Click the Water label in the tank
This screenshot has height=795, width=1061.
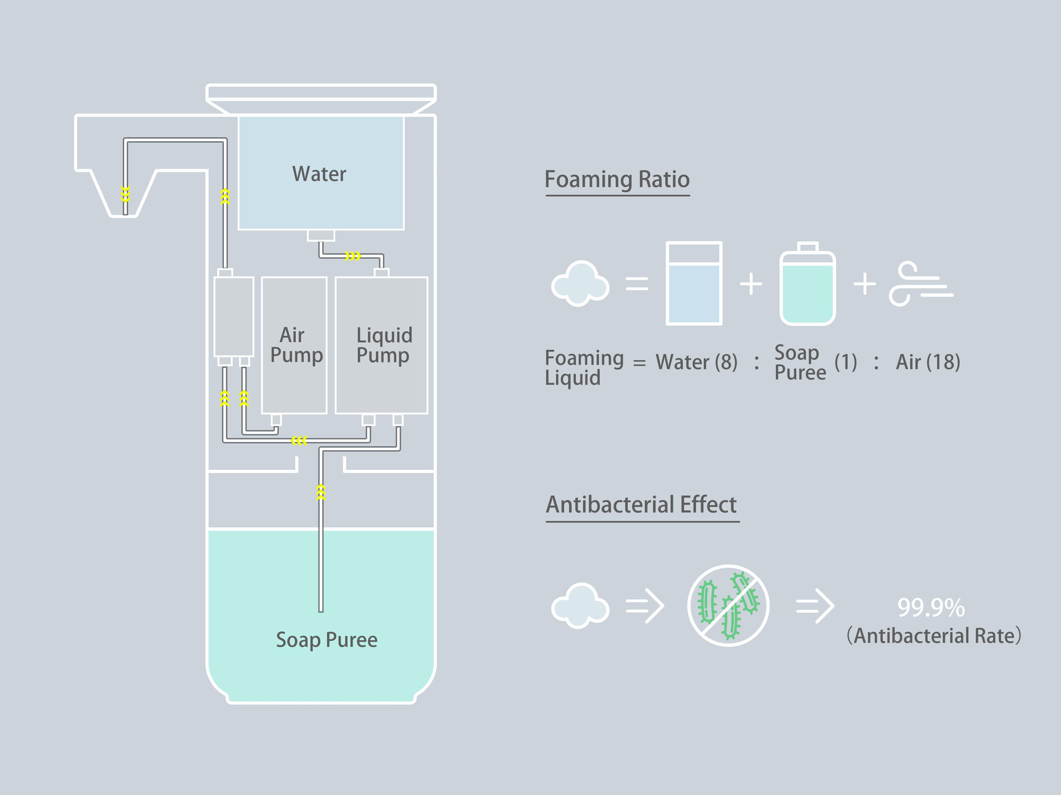pyautogui.click(x=319, y=174)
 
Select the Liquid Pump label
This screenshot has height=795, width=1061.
pyautogui.click(x=384, y=345)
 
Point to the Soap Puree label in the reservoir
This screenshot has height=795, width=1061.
pyautogui.click(x=326, y=640)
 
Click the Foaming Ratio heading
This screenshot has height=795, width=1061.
pyautogui.click(x=617, y=180)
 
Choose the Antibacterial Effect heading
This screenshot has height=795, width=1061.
pyautogui.click(x=641, y=505)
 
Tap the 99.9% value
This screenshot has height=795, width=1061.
pyautogui.click(x=931, y=608)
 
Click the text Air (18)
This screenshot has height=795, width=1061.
pyautogui.click(x=928, y=362)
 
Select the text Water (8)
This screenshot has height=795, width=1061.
pyautogui.click(x=696, y=362)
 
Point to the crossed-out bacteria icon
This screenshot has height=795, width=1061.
pyautogui.click(x=728, y=605)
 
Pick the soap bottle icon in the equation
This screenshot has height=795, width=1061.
pyautogui.click(x=807, y=284)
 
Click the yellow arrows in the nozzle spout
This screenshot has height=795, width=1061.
pyautogui.click(x=125, y=194)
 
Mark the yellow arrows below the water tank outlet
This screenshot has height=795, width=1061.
pyautogui.click(x=353, y=256)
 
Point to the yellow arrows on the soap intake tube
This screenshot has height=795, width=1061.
pyautogui.click(x=321, y=492)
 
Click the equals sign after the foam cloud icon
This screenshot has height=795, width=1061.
pyautogui.click(x=637, y=284)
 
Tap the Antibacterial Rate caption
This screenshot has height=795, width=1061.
pyautogui.click(x=934, y=636)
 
